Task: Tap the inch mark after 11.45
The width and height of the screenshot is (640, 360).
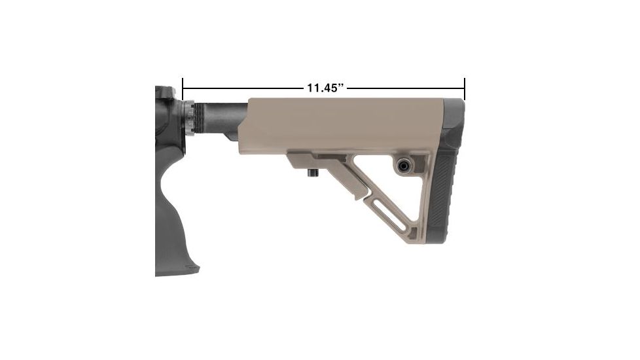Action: pos(341,85)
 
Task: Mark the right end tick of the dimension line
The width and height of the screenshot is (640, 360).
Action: pos(464,88)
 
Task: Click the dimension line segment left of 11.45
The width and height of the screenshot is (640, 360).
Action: pos(242,88)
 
